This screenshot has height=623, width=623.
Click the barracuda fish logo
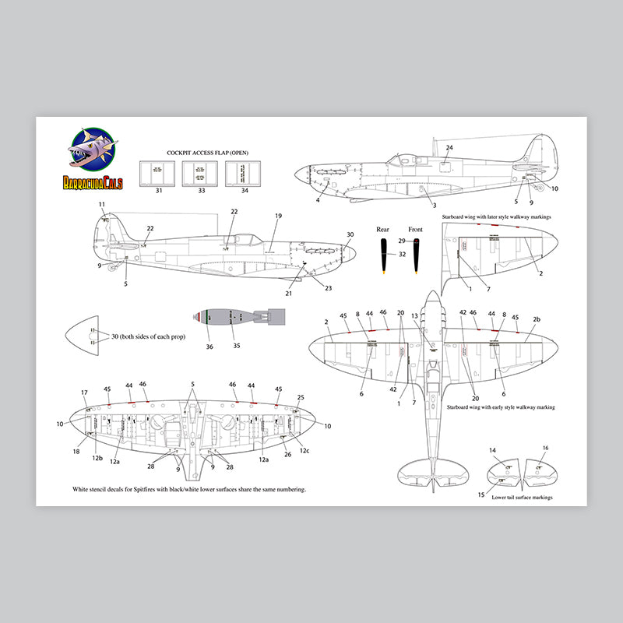[93, 152]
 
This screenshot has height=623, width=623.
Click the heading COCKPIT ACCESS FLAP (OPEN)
[208, 153]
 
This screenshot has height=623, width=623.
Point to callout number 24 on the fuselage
[449, 147]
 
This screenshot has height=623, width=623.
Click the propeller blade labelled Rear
[383, 257]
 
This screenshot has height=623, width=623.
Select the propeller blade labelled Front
[417, 257]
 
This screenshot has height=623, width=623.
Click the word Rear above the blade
[382, 230]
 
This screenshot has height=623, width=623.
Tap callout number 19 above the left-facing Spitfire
[278, 215]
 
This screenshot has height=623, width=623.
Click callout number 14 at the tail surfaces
[492, 450]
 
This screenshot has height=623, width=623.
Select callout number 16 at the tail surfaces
[545, 448]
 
